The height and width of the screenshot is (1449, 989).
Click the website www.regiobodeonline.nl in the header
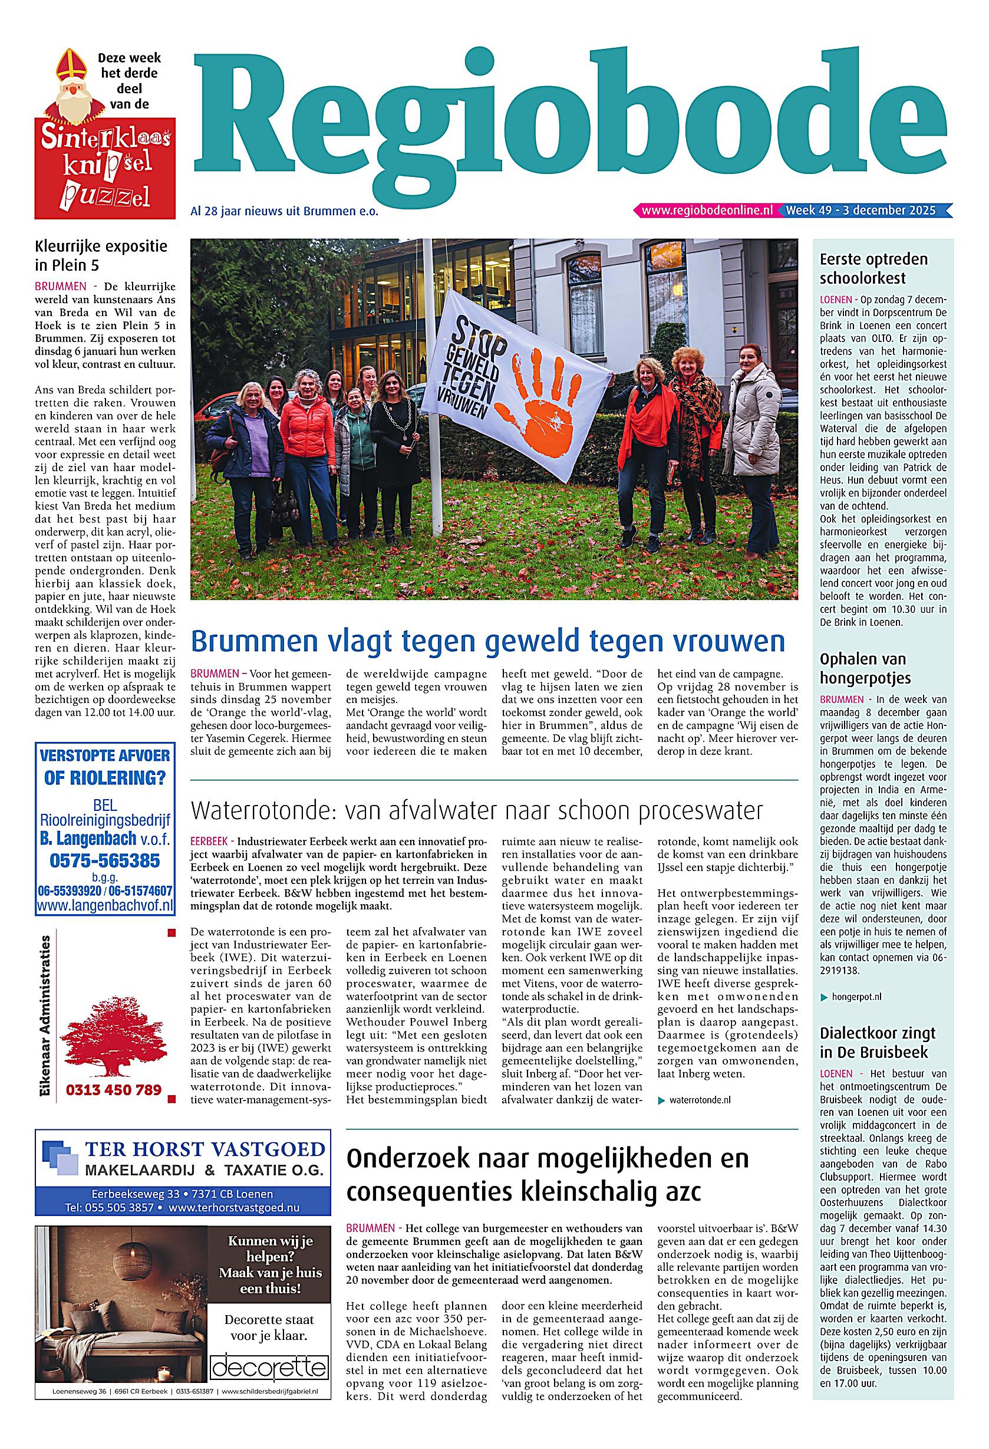click(707, 211)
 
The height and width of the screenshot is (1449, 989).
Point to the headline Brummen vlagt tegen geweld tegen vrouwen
click(487, 642)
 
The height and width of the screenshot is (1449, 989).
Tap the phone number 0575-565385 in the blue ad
click(104, 861)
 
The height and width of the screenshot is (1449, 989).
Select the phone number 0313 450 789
click(113, 1090)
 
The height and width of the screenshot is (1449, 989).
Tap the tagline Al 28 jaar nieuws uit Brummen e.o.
click(284, 211)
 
